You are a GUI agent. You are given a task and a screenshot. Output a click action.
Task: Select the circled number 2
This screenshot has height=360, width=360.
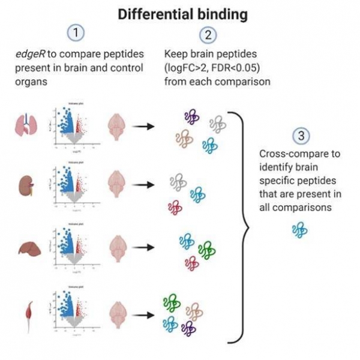click(208, 35)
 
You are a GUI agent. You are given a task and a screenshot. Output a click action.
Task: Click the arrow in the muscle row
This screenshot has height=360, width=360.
click(142, 313)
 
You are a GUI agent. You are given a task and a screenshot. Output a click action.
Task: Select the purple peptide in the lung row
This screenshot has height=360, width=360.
click(191, 116)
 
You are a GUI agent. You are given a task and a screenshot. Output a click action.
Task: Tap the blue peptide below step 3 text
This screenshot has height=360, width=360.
click(298, 229)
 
